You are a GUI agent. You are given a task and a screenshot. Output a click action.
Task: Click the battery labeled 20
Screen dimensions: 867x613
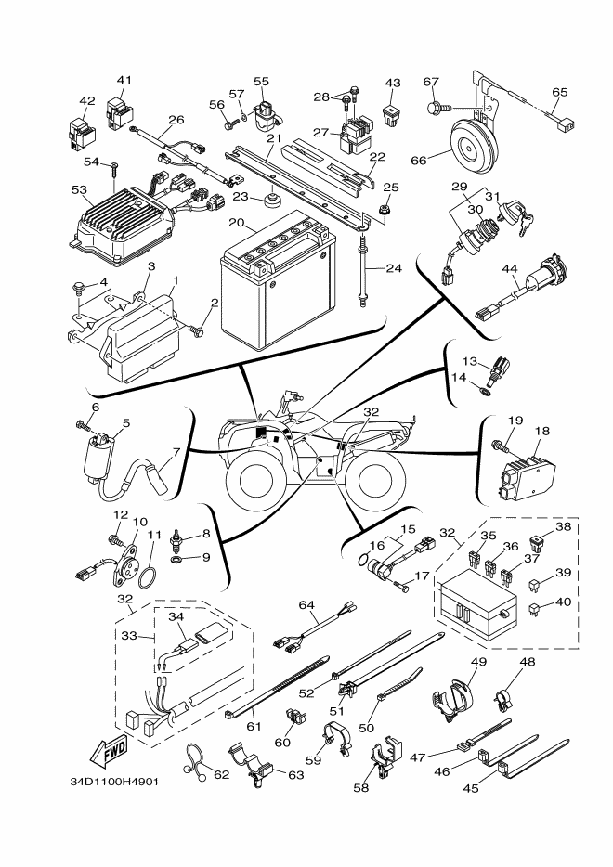click(x=277, y=289)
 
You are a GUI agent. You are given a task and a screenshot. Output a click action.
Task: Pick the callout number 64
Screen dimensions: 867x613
click(x=307, y=605)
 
